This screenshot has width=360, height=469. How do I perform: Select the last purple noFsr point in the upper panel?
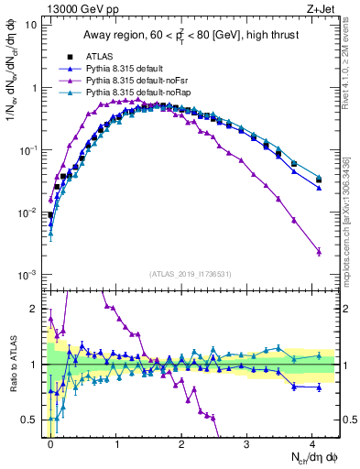coord(319,251)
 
